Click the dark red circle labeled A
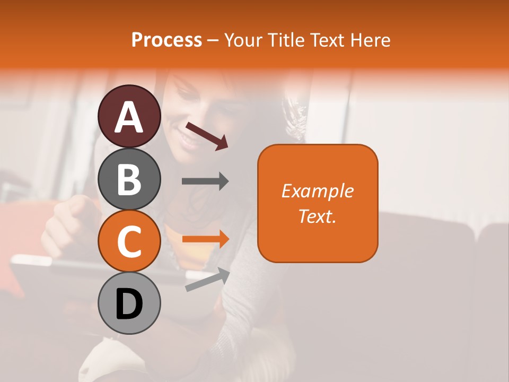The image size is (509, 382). click(x=129, y=116)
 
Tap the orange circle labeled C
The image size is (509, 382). click(x=129, y=241)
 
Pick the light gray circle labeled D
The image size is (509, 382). click(x=129, y=303)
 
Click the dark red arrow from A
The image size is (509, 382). click(x=206, y=136)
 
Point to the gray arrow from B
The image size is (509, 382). click(x=205, y=181)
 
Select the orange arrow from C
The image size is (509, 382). click(x=205, y=239)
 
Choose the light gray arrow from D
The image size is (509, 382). click(x=207, y=280)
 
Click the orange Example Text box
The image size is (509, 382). click(x=318, y=204)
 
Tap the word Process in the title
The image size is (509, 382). click(x=166, y=40)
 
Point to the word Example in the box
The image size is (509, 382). click(x=318, y=191)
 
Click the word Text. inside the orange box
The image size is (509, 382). click(x=318, y=216)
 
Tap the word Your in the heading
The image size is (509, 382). click(x=243, y=40)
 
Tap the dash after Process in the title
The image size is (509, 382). click(x=213, y=40)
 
